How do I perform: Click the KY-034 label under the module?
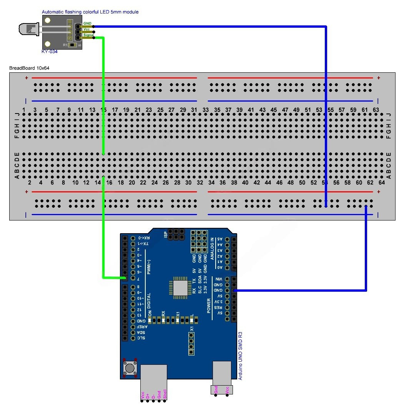pos(49,51)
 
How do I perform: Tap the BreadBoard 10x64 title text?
pos(29,68)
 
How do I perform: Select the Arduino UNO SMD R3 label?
pos(241,354)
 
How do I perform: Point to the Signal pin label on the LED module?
pos(88,35)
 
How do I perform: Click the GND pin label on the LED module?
pos(87,23)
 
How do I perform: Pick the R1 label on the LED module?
pos(65,45)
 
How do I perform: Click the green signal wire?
pos(103,115)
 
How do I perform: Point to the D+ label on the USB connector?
pos(148,395)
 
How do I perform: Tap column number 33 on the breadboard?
pos(206,110)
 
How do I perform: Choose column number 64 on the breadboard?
pos(381,182)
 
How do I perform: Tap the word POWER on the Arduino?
pos(209,306)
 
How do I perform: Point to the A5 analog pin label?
pos(220,239)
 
